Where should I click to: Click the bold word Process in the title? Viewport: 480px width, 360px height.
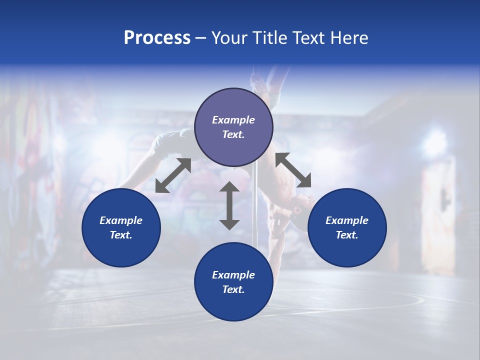click(157, 38)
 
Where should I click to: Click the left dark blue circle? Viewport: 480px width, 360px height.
click(121, 227)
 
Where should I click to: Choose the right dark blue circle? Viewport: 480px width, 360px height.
click(347, 227)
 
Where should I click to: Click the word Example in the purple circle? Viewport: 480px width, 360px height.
click(233, 120)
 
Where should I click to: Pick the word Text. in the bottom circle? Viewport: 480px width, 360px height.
click(233, 289)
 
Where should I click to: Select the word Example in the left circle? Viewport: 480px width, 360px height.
click(121, 220)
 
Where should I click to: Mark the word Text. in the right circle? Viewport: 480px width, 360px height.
click(347, 235)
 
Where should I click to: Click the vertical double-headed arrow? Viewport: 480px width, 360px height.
click(229, 205)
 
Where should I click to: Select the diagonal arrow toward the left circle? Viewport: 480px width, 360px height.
click(173, 175)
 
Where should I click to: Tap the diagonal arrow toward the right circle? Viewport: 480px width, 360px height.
click(293, 170)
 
